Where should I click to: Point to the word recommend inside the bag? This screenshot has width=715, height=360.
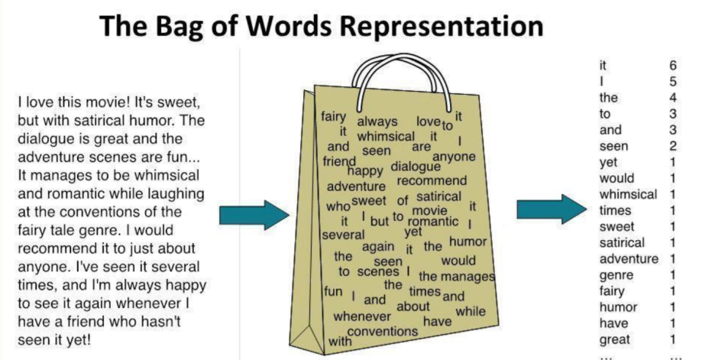click(432, 181)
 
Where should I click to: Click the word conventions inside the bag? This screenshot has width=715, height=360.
click(383, 332)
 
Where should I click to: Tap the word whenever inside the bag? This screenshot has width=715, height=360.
click(362, 316)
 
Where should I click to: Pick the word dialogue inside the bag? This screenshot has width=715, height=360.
click(416, 166)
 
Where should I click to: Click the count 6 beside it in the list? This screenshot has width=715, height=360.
click(672, 66)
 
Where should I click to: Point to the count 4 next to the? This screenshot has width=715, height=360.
click(672, 99)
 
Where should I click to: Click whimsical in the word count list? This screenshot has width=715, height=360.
click(628, 195)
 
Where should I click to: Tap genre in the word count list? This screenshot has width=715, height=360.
click(616, 275)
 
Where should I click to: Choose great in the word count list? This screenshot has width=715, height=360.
click(615, 339)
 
